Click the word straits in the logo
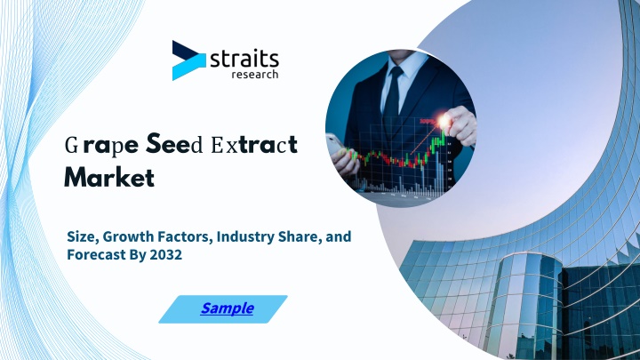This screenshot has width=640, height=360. tap(244, 60)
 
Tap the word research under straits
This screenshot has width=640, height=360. tap(255, 75)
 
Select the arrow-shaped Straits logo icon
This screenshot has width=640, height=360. tap(188, 60)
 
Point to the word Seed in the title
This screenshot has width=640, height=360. tap(174, 144)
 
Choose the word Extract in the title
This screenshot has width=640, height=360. tap(254, 145)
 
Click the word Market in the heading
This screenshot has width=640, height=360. tap(109, 177)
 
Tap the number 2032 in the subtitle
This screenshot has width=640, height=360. tap(165, 255)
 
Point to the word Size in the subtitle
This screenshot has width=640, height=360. tap(83, 236)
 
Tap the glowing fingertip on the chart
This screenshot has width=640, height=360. tap(444, 121)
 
